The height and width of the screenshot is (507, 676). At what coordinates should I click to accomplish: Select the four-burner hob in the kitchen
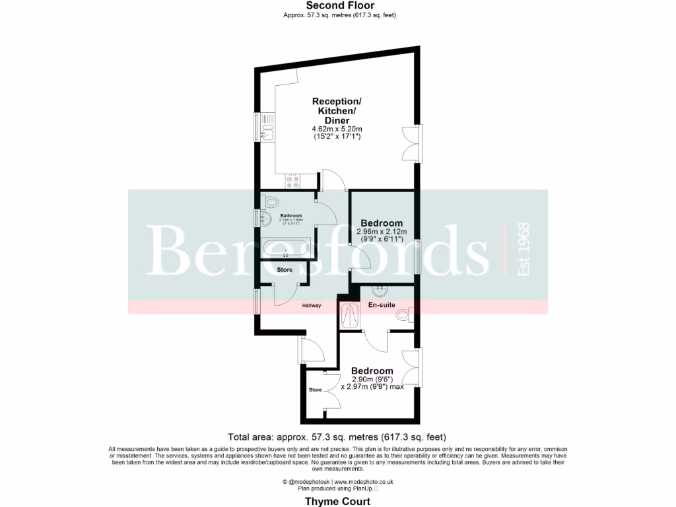(292, 180)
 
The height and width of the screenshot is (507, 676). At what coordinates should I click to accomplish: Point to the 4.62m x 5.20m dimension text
(337, 129)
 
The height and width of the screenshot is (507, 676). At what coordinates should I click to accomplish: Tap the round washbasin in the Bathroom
(267, 219)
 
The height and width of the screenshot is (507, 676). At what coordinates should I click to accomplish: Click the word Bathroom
(291, 216)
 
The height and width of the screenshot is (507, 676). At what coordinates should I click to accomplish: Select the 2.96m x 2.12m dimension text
(382, 232)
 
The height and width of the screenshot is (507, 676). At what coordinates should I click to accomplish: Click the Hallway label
(312, 305)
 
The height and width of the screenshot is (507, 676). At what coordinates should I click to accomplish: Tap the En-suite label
(382, 305)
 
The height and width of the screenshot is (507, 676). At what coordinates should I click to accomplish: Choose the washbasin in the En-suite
(381, 290)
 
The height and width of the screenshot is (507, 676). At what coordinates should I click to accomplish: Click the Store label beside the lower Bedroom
(316, 389)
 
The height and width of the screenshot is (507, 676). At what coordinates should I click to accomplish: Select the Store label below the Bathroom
(285, 270)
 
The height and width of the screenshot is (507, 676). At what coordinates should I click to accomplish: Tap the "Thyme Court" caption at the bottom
(337, 501)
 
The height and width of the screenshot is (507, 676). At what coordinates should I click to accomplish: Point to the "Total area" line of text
(337, 436)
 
